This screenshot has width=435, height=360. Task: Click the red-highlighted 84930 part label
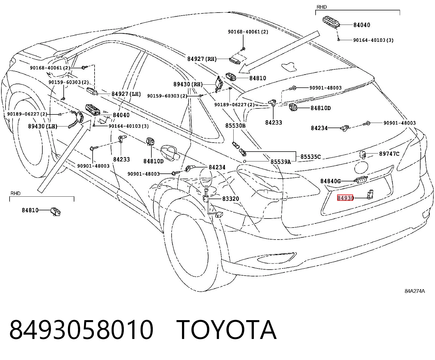(345, 198)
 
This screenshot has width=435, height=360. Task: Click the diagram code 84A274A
(415, 291)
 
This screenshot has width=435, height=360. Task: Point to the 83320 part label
(231, 199)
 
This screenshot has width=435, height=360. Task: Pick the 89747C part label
(389, 154)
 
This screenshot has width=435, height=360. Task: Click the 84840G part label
(331, 181)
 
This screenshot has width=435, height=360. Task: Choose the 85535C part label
(310, 157)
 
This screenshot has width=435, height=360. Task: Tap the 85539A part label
(281, 162)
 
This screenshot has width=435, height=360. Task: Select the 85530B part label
(236, 126)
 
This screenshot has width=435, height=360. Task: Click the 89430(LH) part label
(43, 126)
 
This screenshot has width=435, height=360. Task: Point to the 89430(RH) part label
(188, 84)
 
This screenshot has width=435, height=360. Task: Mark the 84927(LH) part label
(126, 94)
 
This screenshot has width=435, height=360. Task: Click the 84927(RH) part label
(202, 59)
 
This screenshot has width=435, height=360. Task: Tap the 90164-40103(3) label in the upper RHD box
(373, 40)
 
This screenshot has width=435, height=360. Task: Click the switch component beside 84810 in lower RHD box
(55, 212)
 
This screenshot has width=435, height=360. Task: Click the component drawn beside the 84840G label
(361, 179)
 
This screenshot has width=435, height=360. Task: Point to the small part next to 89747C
(363, 155)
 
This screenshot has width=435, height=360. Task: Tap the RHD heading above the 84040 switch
(322, 7)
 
